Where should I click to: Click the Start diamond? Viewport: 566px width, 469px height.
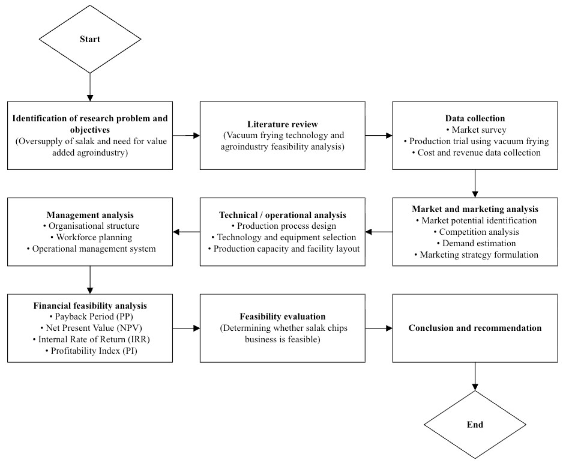[90, 39]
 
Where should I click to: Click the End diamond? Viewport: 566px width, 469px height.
[475, 425]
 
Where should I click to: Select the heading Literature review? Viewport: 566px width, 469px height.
[283, 124]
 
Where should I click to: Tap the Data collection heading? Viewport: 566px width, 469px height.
[475, 118]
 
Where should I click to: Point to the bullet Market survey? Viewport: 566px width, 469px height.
[475, 130]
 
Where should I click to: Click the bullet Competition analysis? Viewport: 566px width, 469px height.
[476, 232]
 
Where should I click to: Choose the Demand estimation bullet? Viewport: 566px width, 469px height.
[476, 243]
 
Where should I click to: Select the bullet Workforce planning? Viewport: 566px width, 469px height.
[90, 237]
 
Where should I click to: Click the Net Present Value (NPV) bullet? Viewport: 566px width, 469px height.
[90, 328]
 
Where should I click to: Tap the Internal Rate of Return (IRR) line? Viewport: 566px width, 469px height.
[90, 339]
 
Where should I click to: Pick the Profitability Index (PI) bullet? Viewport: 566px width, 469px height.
[90, 351]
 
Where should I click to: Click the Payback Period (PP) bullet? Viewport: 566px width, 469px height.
[90, 316]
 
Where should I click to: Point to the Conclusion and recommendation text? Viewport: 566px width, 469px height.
[475, 328]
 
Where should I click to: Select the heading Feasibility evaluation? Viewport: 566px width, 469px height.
[283, 316]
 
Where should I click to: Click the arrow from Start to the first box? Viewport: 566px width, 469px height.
[90, 87]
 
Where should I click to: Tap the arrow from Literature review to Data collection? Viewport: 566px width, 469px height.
[379, 135]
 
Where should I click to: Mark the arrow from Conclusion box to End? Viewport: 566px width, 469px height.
[475, 377]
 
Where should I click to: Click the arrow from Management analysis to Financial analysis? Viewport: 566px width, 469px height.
[90, 280]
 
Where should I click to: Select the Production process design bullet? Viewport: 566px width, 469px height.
[283, 226]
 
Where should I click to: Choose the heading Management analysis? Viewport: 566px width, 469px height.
[90, 214]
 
